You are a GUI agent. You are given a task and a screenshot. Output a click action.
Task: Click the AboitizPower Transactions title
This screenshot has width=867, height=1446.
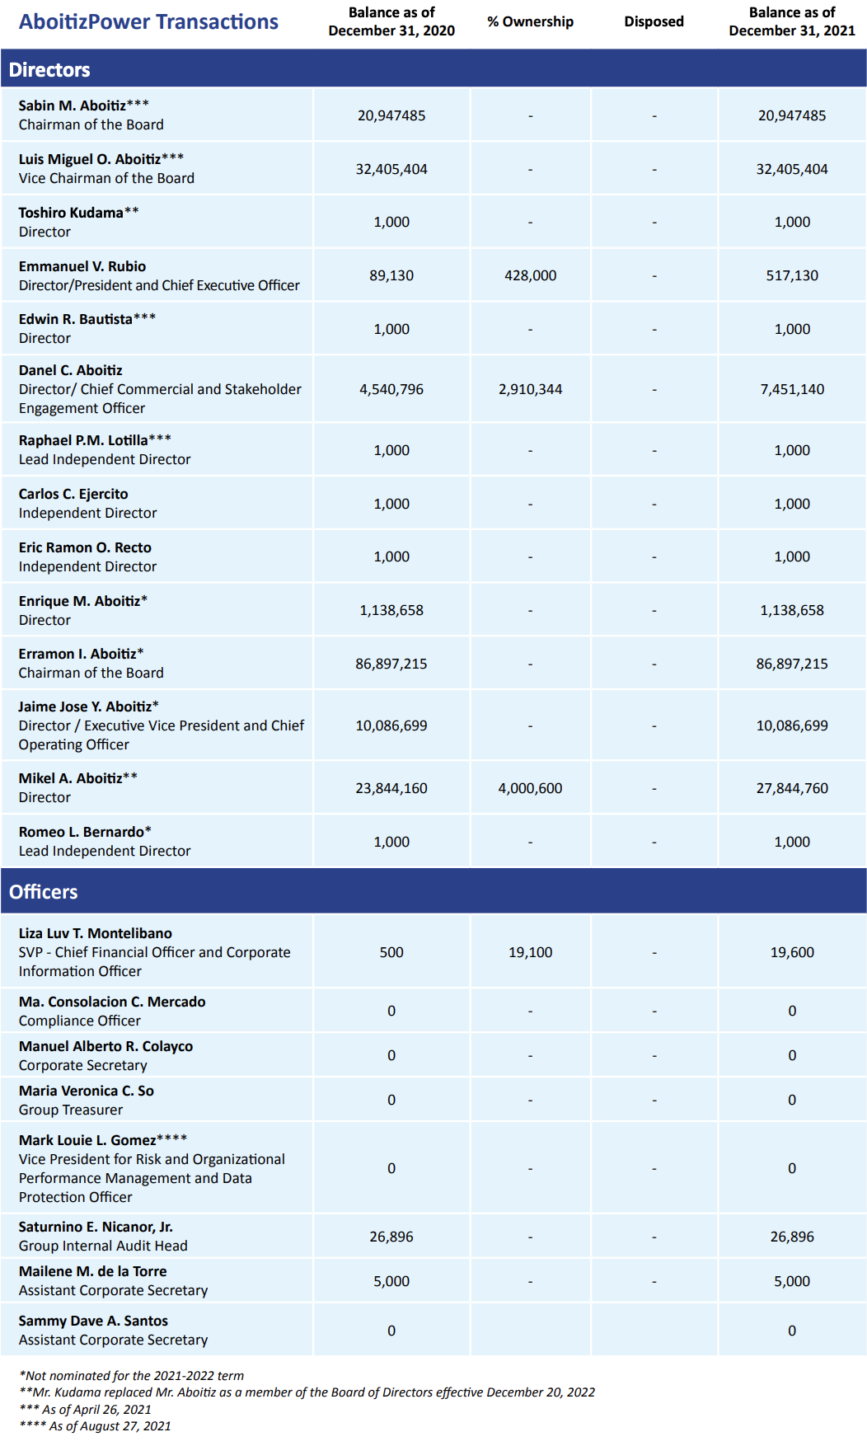pos(148,22)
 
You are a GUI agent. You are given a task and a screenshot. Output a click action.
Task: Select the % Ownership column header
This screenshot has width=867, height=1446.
pos(530,21)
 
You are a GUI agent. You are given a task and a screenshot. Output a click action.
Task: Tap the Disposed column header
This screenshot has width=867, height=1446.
pos(654,21)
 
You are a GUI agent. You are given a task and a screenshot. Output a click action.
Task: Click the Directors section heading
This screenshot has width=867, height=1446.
pos(49,70)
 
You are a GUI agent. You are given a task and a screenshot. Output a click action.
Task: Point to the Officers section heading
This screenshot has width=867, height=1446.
pos(44,892)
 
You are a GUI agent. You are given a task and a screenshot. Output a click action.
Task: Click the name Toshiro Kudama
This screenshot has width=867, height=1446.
pos(71,213)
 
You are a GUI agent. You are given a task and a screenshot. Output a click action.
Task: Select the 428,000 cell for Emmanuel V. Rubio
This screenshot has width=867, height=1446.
pos(530,275)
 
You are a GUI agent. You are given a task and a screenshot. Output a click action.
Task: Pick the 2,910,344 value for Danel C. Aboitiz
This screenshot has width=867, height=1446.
pos(530,389)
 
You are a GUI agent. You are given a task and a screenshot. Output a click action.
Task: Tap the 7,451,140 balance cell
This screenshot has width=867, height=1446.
pos(792,389)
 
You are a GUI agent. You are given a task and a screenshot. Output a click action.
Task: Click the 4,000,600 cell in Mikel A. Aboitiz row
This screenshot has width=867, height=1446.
pos(530,788)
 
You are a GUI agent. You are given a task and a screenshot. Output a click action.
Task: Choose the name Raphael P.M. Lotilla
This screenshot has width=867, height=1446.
pos(83,440)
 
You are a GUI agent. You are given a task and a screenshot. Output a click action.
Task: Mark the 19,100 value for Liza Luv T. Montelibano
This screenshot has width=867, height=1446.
pos(530,952)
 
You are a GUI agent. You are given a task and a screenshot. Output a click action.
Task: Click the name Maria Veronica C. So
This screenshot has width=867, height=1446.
pos(87,1091)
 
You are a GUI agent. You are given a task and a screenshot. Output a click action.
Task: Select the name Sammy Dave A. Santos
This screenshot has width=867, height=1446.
pos(93,1321)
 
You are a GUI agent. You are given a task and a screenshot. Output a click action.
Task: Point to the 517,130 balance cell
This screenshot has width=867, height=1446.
pos(792,275)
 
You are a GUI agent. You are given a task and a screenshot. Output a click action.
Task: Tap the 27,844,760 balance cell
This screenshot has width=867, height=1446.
pos(792,788)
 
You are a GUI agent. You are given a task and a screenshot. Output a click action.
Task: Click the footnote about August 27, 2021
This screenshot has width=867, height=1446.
pos(95,1426)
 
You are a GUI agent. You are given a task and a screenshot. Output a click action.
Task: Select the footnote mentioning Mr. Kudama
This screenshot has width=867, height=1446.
pos(307,1392)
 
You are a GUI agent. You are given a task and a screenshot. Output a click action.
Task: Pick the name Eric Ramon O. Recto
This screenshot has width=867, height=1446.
pos(85,547)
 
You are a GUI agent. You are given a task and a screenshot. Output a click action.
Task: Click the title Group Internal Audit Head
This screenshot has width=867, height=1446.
pos(103,1246)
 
